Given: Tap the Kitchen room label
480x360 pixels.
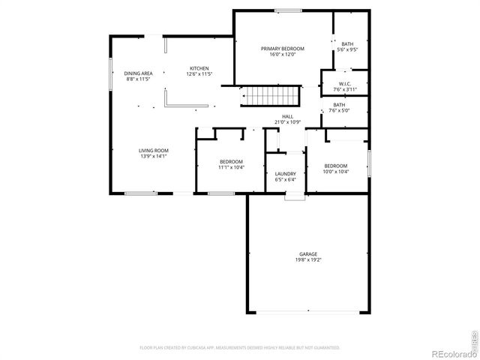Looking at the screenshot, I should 199,68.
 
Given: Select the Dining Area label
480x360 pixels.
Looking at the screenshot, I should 139,73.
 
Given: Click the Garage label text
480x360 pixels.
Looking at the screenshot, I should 308,254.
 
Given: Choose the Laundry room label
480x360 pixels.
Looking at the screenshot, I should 286,173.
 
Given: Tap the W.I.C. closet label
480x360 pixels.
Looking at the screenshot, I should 346,83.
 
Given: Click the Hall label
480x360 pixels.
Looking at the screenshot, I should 287,116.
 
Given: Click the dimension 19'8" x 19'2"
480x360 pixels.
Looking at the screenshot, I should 308,260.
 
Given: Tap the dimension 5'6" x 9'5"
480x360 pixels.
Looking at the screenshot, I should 349,50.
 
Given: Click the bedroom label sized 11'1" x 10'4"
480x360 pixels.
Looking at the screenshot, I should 231,162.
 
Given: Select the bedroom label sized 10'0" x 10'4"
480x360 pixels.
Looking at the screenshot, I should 335,166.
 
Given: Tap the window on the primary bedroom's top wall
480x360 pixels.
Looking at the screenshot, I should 284,10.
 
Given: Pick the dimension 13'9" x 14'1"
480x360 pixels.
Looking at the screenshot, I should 153,156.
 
